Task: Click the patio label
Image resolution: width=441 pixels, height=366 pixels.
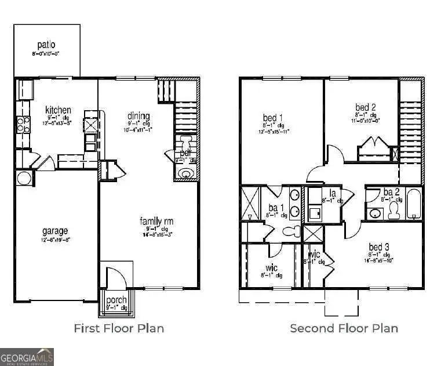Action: coord(46,45)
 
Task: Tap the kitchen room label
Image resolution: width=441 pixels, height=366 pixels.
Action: coord(59,110)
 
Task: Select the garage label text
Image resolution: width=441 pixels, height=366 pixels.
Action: coord(54,230)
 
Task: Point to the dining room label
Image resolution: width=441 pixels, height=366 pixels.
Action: coord(139,116)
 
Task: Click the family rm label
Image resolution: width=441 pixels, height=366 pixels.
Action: coord(156,221)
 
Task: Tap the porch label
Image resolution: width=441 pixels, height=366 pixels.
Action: coord(116,300)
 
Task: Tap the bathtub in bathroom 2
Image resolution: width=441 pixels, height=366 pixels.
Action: coord(414,204)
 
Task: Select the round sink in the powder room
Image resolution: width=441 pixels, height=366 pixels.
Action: coord(186,173)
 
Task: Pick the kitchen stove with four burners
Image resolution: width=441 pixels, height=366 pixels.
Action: coord(23,124)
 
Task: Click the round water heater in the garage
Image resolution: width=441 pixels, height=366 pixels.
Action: coord(24,177)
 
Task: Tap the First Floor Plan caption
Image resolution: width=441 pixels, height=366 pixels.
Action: coord(119,328)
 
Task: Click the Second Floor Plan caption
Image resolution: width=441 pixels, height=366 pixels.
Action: coord(344,328)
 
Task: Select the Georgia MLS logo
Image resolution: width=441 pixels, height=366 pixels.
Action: coord(27,356)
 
